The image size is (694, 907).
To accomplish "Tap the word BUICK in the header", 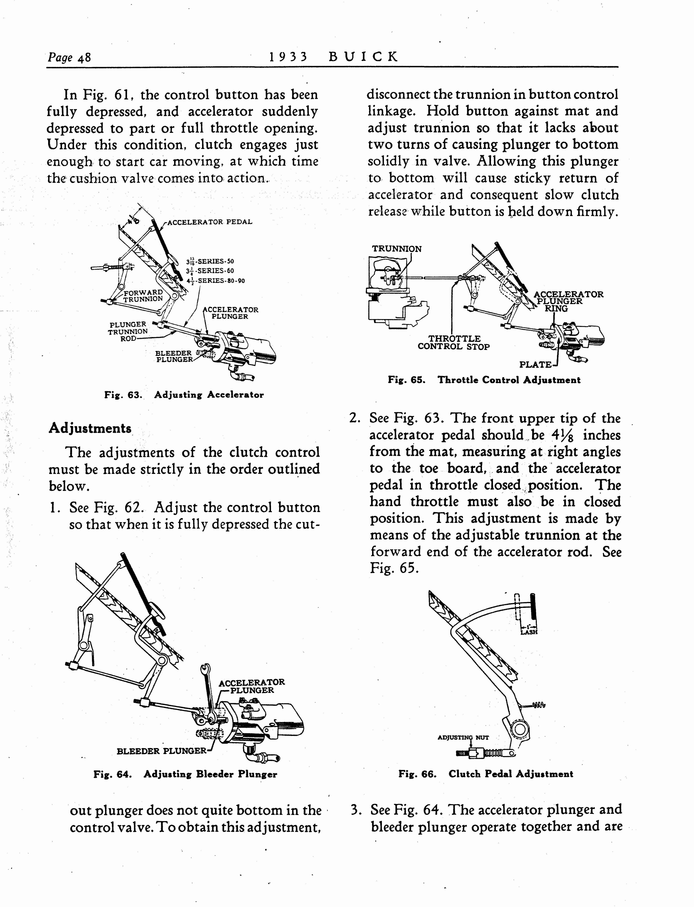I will coord(363,57).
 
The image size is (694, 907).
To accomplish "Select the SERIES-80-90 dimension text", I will coord(216,281).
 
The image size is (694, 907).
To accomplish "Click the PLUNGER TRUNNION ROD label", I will coord(128,331).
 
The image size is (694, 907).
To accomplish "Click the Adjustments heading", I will coord(90,428).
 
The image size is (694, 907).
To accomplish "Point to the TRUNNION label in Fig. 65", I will coord(396,249).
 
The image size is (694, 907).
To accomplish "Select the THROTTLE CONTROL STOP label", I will coord(454,343).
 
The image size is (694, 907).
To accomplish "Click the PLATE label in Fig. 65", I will coord(535,365).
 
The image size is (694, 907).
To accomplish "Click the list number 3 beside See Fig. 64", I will coord(354,809).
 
